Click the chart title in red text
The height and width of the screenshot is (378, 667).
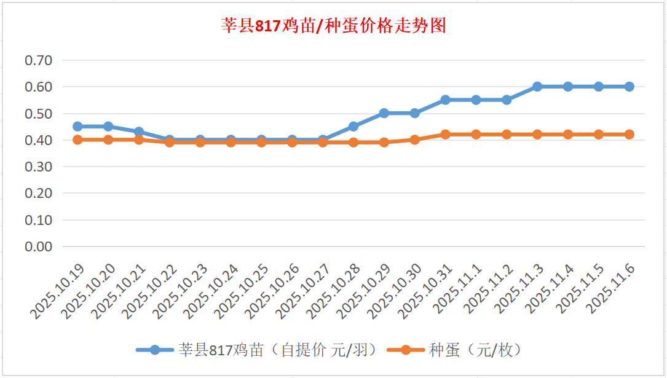[x=333, y=26]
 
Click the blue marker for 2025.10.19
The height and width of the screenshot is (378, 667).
[x=77, y=126]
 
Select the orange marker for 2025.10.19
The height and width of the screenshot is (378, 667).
[x=77, y=140]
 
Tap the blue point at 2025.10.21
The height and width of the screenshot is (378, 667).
[x=139, y=132]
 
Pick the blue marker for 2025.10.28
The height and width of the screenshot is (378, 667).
[x=353, y=126]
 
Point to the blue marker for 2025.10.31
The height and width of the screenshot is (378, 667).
[x=446, y=100]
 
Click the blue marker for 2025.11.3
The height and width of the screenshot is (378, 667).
[x=537, y=87]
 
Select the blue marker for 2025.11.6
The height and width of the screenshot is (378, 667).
[x=630, y=87]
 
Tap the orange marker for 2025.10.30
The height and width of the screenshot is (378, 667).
[x=415, y=140]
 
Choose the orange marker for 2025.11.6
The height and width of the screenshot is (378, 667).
[x=630, y=134]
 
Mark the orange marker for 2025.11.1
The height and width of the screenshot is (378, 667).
[x=476, y=134]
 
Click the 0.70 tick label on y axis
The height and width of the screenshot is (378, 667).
[x=38, y=60]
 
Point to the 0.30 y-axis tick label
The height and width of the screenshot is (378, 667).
[x=38, y=167]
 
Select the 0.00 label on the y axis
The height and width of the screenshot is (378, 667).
[x=38, y=246]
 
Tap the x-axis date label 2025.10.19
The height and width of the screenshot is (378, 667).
[x=58, y=292]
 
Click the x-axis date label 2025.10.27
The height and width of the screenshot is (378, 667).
[x=304, y=292]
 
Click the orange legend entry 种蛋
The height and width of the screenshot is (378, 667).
[x=455, y=350]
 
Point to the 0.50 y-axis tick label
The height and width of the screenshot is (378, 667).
[x=38, y=113]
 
